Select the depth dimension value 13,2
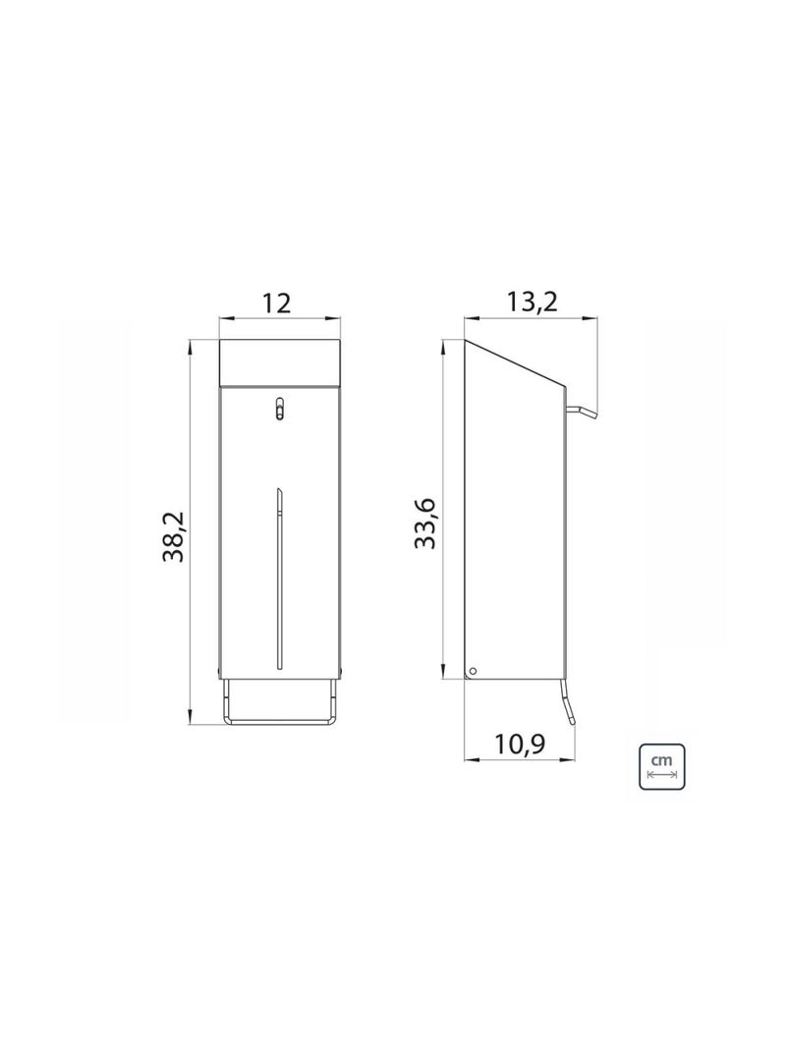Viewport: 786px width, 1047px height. click(532, 302)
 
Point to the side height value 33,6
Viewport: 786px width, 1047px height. click(425, 523)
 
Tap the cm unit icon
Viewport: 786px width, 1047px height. click(661, 762)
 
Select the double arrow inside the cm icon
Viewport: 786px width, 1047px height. click(661, 774)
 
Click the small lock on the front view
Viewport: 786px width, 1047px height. click(279, 408)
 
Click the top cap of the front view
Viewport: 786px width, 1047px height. click(278, 361)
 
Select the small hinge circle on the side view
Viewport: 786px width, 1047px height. click(472, 670)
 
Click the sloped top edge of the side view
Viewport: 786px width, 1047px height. click(516, 362)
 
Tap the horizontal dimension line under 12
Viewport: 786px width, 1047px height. click(278, 318)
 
